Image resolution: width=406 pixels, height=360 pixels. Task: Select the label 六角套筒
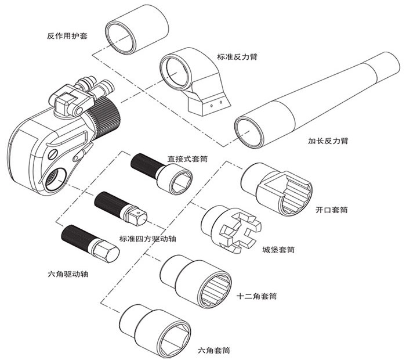click(x=215, y=350)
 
